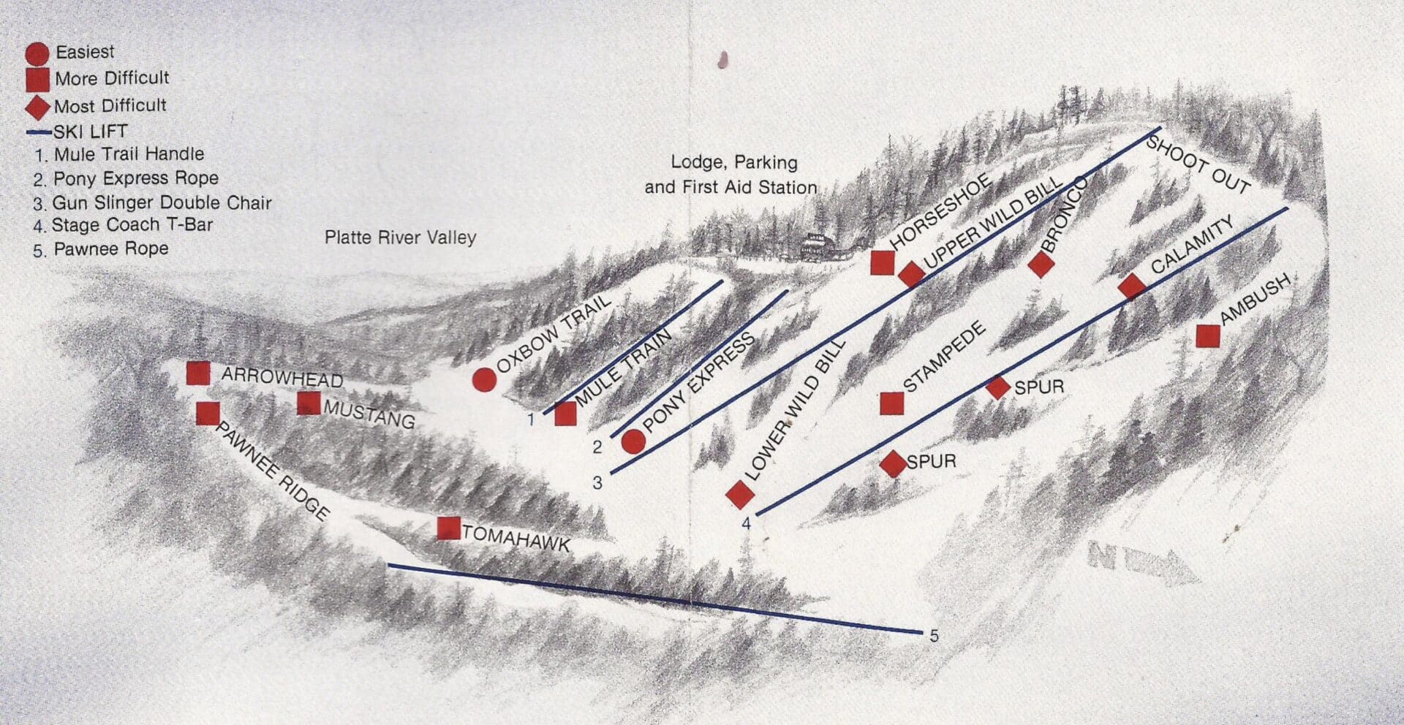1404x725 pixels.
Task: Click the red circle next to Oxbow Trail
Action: click(484, 380)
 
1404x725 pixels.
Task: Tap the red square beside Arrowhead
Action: click(198, 373)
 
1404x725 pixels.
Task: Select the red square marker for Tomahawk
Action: click(448, 528)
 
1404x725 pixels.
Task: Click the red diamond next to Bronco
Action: click(1041, 264)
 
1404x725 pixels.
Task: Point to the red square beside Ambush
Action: click(1208, 335)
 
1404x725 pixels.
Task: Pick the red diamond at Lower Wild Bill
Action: click(740, 495)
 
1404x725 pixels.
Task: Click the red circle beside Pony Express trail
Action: click(633, 441)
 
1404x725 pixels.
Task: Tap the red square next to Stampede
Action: click(891, 403)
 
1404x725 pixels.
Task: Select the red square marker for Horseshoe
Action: click(883, 262)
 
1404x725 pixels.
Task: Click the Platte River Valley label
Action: click(400, 238)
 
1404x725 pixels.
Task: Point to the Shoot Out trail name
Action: click(1197, 164)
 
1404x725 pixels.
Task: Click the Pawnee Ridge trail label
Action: click(271, 470)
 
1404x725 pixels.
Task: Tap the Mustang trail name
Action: click(369, 414)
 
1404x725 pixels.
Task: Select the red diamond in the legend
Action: click(37, 107)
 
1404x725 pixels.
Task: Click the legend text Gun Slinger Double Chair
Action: click(162, 202)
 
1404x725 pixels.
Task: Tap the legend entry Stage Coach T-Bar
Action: click(132, 225)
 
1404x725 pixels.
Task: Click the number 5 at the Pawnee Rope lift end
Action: click(934, 636)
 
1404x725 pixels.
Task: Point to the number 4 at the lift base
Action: click(746, 523)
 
